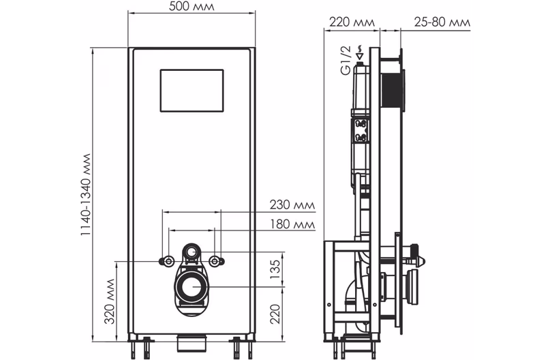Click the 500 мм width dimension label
coord(191,6)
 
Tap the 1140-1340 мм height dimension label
coord(86,194)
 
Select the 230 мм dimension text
coord(292,205)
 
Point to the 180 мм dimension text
coord(292,224)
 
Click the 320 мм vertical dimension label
coord(110,301)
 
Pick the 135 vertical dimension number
coord(275,269)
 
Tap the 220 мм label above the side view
coord(352,22)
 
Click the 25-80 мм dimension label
coord(442,22)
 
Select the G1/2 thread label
coord(346,60)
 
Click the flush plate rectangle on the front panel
coord(192,91)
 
